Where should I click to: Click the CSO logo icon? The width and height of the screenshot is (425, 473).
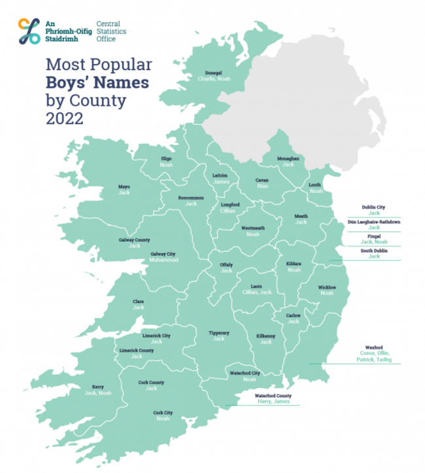30,31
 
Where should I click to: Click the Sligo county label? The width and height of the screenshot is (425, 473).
165,158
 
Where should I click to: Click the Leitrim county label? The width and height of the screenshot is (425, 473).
220,175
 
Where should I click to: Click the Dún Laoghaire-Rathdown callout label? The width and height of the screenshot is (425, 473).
373,222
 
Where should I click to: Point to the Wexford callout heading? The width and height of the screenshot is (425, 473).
373,347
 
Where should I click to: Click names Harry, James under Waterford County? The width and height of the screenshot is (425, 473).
273,402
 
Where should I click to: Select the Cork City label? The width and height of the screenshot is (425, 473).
163,413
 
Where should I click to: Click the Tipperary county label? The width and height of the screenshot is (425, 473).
218,333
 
